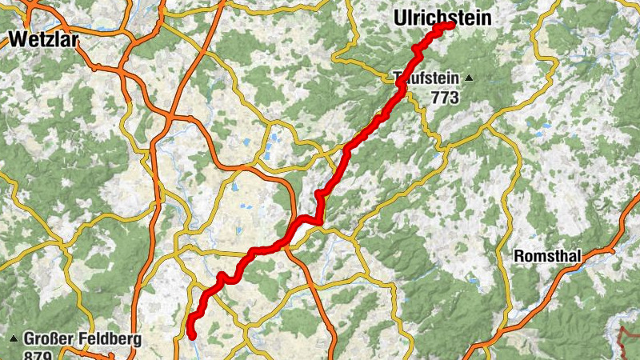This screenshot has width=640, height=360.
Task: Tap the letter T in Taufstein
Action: click(x=398, y=79)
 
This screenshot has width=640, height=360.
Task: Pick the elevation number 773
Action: click(x=444, y=98)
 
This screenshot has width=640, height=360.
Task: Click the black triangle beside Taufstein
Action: click(x=469, y=78)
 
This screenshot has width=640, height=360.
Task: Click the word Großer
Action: click(x=51, y=338)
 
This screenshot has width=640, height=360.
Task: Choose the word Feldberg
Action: click(x=110, y=338)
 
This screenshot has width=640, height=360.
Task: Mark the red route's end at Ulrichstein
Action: click(x=451, y=25)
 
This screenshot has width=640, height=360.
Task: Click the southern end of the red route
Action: click(x=192, y=336)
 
